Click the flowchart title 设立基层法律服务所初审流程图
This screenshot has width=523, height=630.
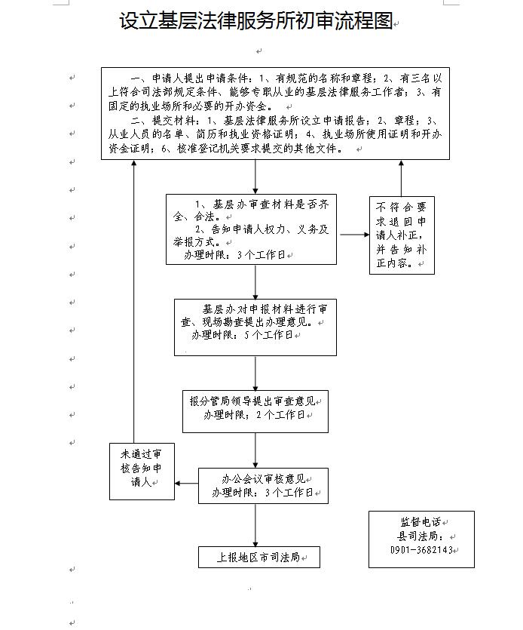[x=255, y=20]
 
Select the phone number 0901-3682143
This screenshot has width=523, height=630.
[x=421, y=549]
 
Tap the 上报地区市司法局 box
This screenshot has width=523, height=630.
[x=259, y=557]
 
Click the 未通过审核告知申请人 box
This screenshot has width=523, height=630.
[x=142, y=472]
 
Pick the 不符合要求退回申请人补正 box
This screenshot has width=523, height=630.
[x=402, y=235]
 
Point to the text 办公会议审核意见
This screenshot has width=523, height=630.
[x=263, y=478]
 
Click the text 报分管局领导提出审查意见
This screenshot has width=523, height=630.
[x=252, y=401]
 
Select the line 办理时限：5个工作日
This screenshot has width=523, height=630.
[x=243, y=335]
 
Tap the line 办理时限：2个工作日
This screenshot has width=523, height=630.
[x=255, y=414]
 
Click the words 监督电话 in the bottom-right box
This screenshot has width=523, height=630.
[x=421, y=521]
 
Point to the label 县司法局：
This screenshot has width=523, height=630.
[x=421, y=536]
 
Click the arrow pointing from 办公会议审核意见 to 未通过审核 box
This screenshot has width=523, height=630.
[x=187, y=483]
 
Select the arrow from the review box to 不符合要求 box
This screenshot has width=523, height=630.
[x=354, y=234]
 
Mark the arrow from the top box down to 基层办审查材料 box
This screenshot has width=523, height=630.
[x=255, y=177]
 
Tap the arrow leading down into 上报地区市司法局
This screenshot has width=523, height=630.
[x=255, y=525]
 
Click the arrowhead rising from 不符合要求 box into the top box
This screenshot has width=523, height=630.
[x=401, y=163]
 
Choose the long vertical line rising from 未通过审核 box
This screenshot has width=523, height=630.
[x=134, y=301]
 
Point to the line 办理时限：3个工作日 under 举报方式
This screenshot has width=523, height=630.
[x=235, y=255]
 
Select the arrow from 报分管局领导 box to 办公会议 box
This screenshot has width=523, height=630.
[x=255, y=450]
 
